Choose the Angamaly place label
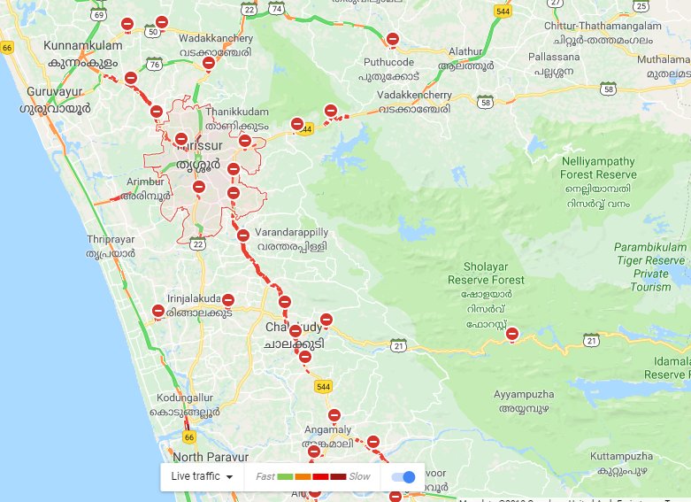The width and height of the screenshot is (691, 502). (x=327, y=436)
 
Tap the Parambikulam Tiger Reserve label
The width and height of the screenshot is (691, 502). (x=650, y=260)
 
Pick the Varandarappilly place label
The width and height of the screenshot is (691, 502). (x=292, y=239)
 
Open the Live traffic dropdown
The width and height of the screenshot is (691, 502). (x=202, y=476)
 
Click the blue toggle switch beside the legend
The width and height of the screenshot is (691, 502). (x=403, y=476)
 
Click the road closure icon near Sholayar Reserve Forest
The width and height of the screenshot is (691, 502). (x=511, y=334)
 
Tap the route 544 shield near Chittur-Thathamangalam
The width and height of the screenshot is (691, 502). (x=503, y=12)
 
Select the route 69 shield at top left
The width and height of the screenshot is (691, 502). (x=98, y=16)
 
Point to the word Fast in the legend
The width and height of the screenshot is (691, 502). (x=265, y=476)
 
